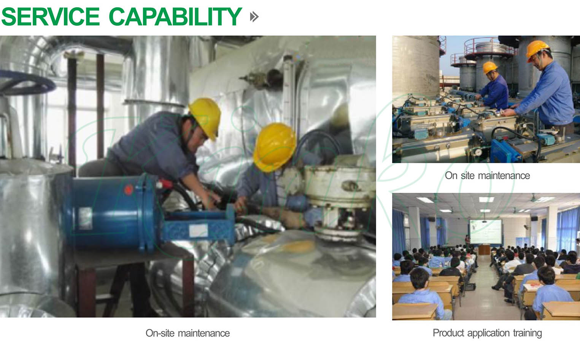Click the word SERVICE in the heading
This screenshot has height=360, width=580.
[x=51, y=17]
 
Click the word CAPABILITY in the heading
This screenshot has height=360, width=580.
[x=176, y=17]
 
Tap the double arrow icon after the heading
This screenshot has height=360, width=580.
[x=254, y=17]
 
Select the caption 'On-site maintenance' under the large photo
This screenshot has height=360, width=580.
[x=188, y=333]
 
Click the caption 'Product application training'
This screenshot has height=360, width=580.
[x=487, y=333]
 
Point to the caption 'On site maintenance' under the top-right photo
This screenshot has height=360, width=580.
[x=487, y=175]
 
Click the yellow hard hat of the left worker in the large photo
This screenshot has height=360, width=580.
[x=205, y=118]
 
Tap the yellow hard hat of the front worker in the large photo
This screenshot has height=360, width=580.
[x=275, y=147]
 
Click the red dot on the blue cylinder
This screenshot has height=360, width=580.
[x=129, y=190]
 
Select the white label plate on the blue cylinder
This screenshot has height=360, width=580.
[x=85, y=218]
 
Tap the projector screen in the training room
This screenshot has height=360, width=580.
[x=486, y=231]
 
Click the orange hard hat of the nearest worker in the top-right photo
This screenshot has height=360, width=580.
[x=537, y=50]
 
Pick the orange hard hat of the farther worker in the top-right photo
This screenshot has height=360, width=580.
[x=489, y=67]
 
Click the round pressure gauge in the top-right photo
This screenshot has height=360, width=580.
[x=479, y=152]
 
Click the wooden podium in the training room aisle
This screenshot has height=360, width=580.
[x=484, y=250]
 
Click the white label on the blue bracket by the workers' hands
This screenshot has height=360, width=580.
[x=198, y=231]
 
